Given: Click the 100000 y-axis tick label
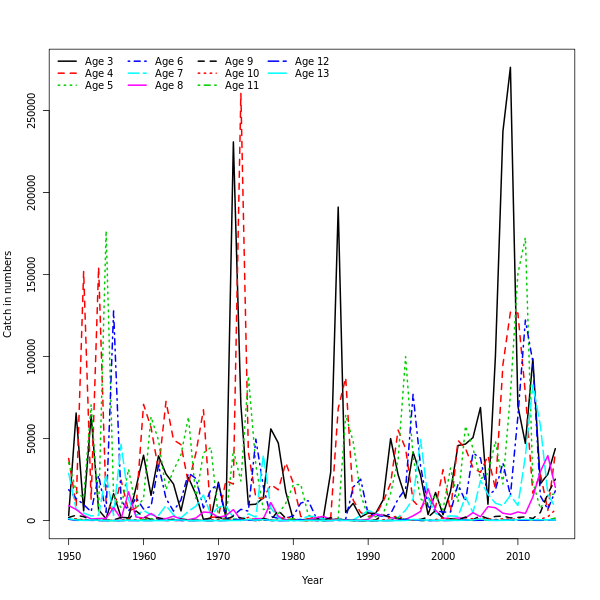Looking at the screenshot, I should pyautogui.click(x=32, y=356).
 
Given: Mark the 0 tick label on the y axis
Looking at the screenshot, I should pyautogui.click(x=32, y=520).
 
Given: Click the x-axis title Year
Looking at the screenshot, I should pyautogui.click(x=312, y=580).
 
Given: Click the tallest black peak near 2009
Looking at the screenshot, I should pyautogui.click(x=510, y=68).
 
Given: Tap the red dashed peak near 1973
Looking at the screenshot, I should pyautogui.click(x=241, y=94).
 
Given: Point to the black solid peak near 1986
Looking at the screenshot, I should pyautogui.click(x=338, y=207).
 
